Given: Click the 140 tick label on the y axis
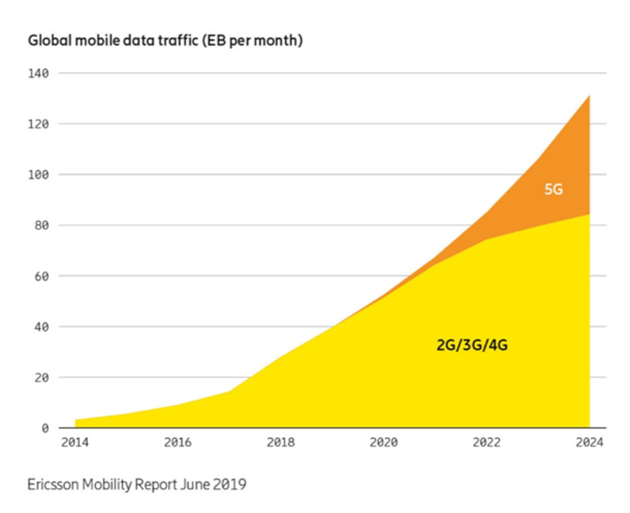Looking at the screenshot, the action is pos(38,73).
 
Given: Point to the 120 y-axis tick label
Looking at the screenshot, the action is pos(38,124).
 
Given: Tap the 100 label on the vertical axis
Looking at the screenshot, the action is pos(38,175).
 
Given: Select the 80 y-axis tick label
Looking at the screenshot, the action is pos(42,225).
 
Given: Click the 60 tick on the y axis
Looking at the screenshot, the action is pos(42,276).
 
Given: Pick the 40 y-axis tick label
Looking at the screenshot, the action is pos(42,327).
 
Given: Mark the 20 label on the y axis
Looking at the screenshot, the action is pos(42,378).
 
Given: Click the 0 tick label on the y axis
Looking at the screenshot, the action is pos(45,428).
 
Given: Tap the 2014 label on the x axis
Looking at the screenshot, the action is pos(75,442).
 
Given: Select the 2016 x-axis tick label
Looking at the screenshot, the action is pos(178,442).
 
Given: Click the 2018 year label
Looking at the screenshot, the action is pos(281,442).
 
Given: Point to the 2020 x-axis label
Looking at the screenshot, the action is pos(384,442).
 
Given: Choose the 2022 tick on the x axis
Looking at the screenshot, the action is pos(486,442).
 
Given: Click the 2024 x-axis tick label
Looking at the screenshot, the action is pos(589,442).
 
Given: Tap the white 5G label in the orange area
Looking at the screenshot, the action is pos(554,189).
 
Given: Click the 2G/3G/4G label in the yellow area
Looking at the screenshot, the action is pos(472,344).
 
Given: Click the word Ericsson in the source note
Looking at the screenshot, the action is pos(52,484).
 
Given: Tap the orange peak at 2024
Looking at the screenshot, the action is pos(589,96).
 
